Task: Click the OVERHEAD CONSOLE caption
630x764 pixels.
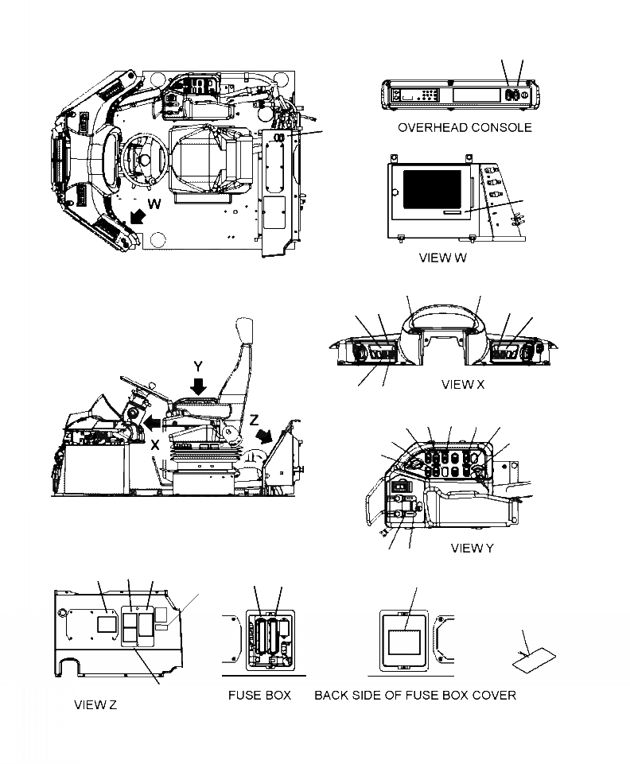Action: tap(465, 127)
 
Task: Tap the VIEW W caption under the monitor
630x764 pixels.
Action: tap(443, 258)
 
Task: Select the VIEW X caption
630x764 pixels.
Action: tap(462, 385)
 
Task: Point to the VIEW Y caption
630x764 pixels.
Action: tap(472, 548)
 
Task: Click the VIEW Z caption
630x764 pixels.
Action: tap(95, 705)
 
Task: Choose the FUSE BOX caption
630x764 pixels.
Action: tap(259, 695)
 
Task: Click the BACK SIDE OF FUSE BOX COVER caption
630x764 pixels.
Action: tap(415, 695)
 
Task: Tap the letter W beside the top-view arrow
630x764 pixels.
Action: tap(154, 204)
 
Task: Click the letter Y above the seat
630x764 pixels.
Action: tap(199, 366)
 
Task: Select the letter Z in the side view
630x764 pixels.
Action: tap(253, 420)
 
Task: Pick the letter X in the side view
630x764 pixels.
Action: tap(155, 446)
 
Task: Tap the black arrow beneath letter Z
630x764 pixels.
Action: tap(266, 437)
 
